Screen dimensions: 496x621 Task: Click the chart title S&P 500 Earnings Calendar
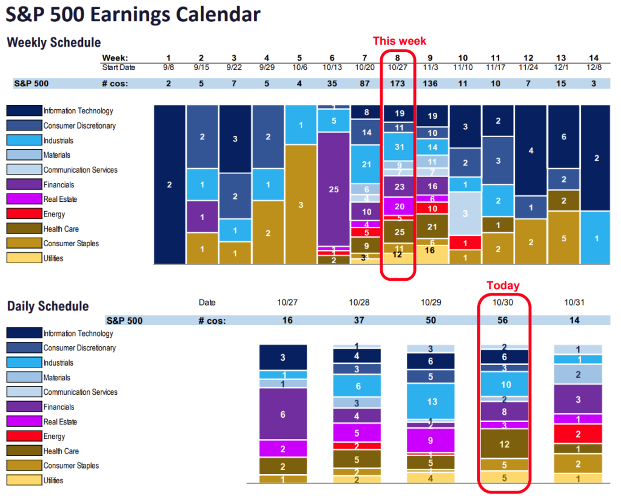[x=133, y=15]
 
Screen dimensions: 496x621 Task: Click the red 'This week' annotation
[x=399, y=41]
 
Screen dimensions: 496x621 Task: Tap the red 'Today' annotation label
[x=503, y=286]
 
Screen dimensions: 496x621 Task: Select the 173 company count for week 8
[x=399, y=83]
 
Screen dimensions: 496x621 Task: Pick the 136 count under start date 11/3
[x=432, y=83]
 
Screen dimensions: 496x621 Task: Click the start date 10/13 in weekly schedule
[x=334, y=66]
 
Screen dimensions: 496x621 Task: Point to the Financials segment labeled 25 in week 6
[x=334, y=189]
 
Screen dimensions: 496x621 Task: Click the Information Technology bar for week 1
[x=169, y=184]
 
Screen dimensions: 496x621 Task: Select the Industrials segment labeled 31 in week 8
[x=399, y=147]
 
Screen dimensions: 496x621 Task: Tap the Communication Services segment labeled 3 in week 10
[x=465, y=213]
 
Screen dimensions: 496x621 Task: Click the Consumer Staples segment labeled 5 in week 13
[x=563, y=238]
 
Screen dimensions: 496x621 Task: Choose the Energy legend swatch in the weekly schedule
[x=24, y=214]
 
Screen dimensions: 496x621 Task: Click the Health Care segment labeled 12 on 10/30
[x=504, y=444]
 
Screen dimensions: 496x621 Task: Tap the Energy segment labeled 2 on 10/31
[x=579, y=434]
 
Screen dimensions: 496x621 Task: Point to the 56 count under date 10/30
[x=504, y=320]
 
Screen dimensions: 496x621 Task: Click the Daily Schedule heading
[x=48, y=306]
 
